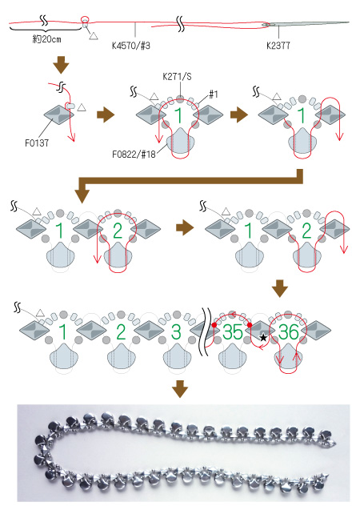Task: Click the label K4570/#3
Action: [131, 46]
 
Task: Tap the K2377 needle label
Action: [278, 46]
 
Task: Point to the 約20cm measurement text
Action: [46, 39]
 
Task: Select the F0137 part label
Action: [37, 143]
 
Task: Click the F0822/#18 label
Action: [134, 155]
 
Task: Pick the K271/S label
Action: [177, 77]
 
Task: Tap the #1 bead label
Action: [214, 94]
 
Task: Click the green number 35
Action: [233, 332]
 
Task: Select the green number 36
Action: [289, 332]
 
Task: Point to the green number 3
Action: [176, 332]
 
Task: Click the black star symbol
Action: [263, 337]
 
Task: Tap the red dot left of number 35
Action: [214, 325]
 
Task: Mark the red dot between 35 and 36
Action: [250, 325]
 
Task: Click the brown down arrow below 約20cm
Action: [62, 65]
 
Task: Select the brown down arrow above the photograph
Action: [180, 389]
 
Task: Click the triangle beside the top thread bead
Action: [94, 36]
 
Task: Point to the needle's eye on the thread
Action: [266, 25]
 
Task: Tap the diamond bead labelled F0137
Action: [58, 115]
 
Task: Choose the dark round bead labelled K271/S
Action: [180, 98]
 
